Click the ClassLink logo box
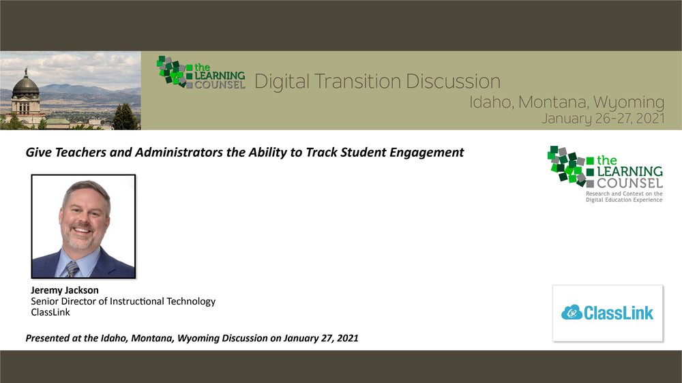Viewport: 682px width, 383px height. pos(608,313)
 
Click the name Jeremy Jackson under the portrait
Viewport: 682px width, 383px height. pos(65,290)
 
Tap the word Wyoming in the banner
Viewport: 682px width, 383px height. pos(629,102)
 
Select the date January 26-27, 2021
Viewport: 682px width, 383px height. pos(603,119)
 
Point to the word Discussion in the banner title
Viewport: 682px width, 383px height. pos(453,81)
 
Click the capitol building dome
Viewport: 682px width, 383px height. pos(26,85)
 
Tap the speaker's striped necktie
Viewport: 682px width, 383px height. pos(72,269)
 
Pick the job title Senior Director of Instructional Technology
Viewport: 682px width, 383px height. pos(123,301)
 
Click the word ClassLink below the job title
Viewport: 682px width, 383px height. pos(50,312)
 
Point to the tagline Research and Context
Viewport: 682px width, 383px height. pos(624,196)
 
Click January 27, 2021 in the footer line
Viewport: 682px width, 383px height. pos(321,338)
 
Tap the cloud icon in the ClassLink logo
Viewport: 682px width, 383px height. pos(572,312)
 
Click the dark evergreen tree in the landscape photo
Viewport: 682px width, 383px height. pos(124,117)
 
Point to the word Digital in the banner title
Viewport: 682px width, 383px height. pos(282,81)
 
